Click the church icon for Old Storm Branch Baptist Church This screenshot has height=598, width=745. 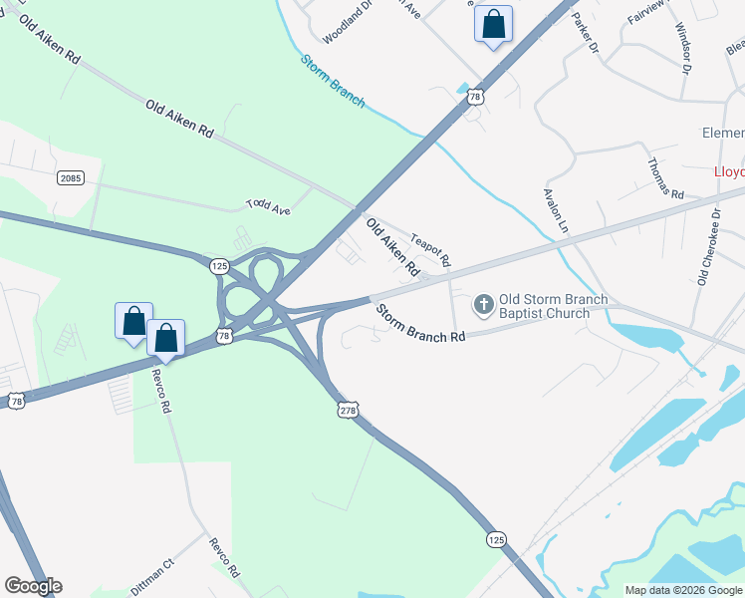(x=483, y=304)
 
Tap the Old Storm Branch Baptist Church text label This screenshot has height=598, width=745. (x=544, y=306)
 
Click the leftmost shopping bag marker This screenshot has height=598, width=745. (x=133, y=321)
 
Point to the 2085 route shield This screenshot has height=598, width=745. (x=70, y=177)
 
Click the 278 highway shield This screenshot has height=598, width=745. (x=347, y=410)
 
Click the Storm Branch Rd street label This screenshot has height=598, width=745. (x=420, y=324)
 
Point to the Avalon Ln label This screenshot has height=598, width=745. (x=555, y=212)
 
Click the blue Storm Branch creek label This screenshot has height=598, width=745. (x=333, y=80)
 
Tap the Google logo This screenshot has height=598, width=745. (x=33, y=586)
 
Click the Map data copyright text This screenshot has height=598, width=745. (x=683, y=590)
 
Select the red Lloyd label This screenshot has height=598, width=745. (x=728, y=171)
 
